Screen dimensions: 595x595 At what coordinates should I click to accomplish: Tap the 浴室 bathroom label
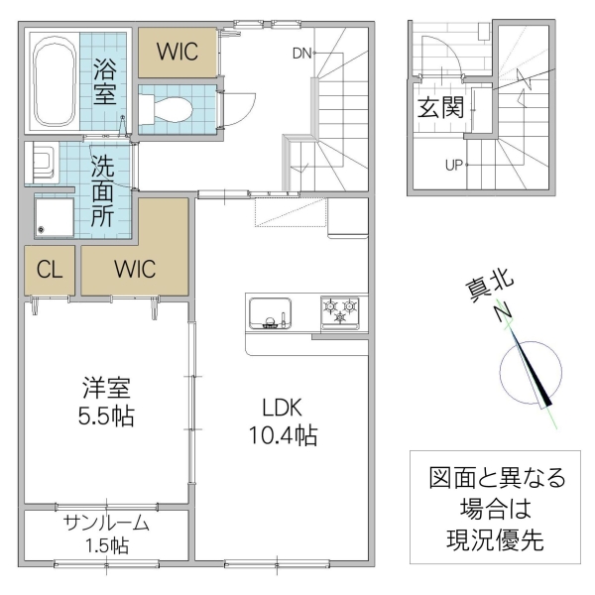106,82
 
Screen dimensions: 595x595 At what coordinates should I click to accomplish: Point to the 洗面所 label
103,190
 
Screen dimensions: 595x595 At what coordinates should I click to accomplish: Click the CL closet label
49,269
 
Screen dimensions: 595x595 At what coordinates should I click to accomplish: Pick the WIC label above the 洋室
134,269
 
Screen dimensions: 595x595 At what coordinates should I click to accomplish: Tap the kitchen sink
267,312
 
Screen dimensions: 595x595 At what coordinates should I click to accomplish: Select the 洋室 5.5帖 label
106,402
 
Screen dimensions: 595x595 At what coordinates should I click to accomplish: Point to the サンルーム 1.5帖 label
105,534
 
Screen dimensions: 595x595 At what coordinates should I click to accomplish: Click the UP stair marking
454,165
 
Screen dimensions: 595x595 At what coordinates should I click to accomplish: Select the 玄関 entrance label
439,107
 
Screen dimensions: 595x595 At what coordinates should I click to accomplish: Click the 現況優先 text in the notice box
489,541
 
